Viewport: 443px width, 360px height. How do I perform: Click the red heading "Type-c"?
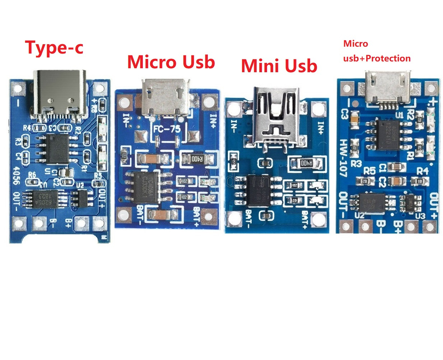click(54, 48)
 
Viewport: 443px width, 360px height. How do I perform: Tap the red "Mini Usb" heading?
click(279, 66)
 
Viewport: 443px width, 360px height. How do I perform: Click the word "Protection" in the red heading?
click(388, 58)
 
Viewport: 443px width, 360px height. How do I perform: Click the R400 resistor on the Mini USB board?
click(306, 163)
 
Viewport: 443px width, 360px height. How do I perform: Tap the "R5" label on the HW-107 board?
click(369, 170)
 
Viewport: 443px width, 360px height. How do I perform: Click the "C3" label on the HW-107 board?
click(344, 114)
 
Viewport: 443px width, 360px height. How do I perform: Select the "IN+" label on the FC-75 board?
click(213, 121)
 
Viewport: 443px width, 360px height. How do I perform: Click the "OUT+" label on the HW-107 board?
click(434, 206)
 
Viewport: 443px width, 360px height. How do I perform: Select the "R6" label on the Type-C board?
click(32, 175)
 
